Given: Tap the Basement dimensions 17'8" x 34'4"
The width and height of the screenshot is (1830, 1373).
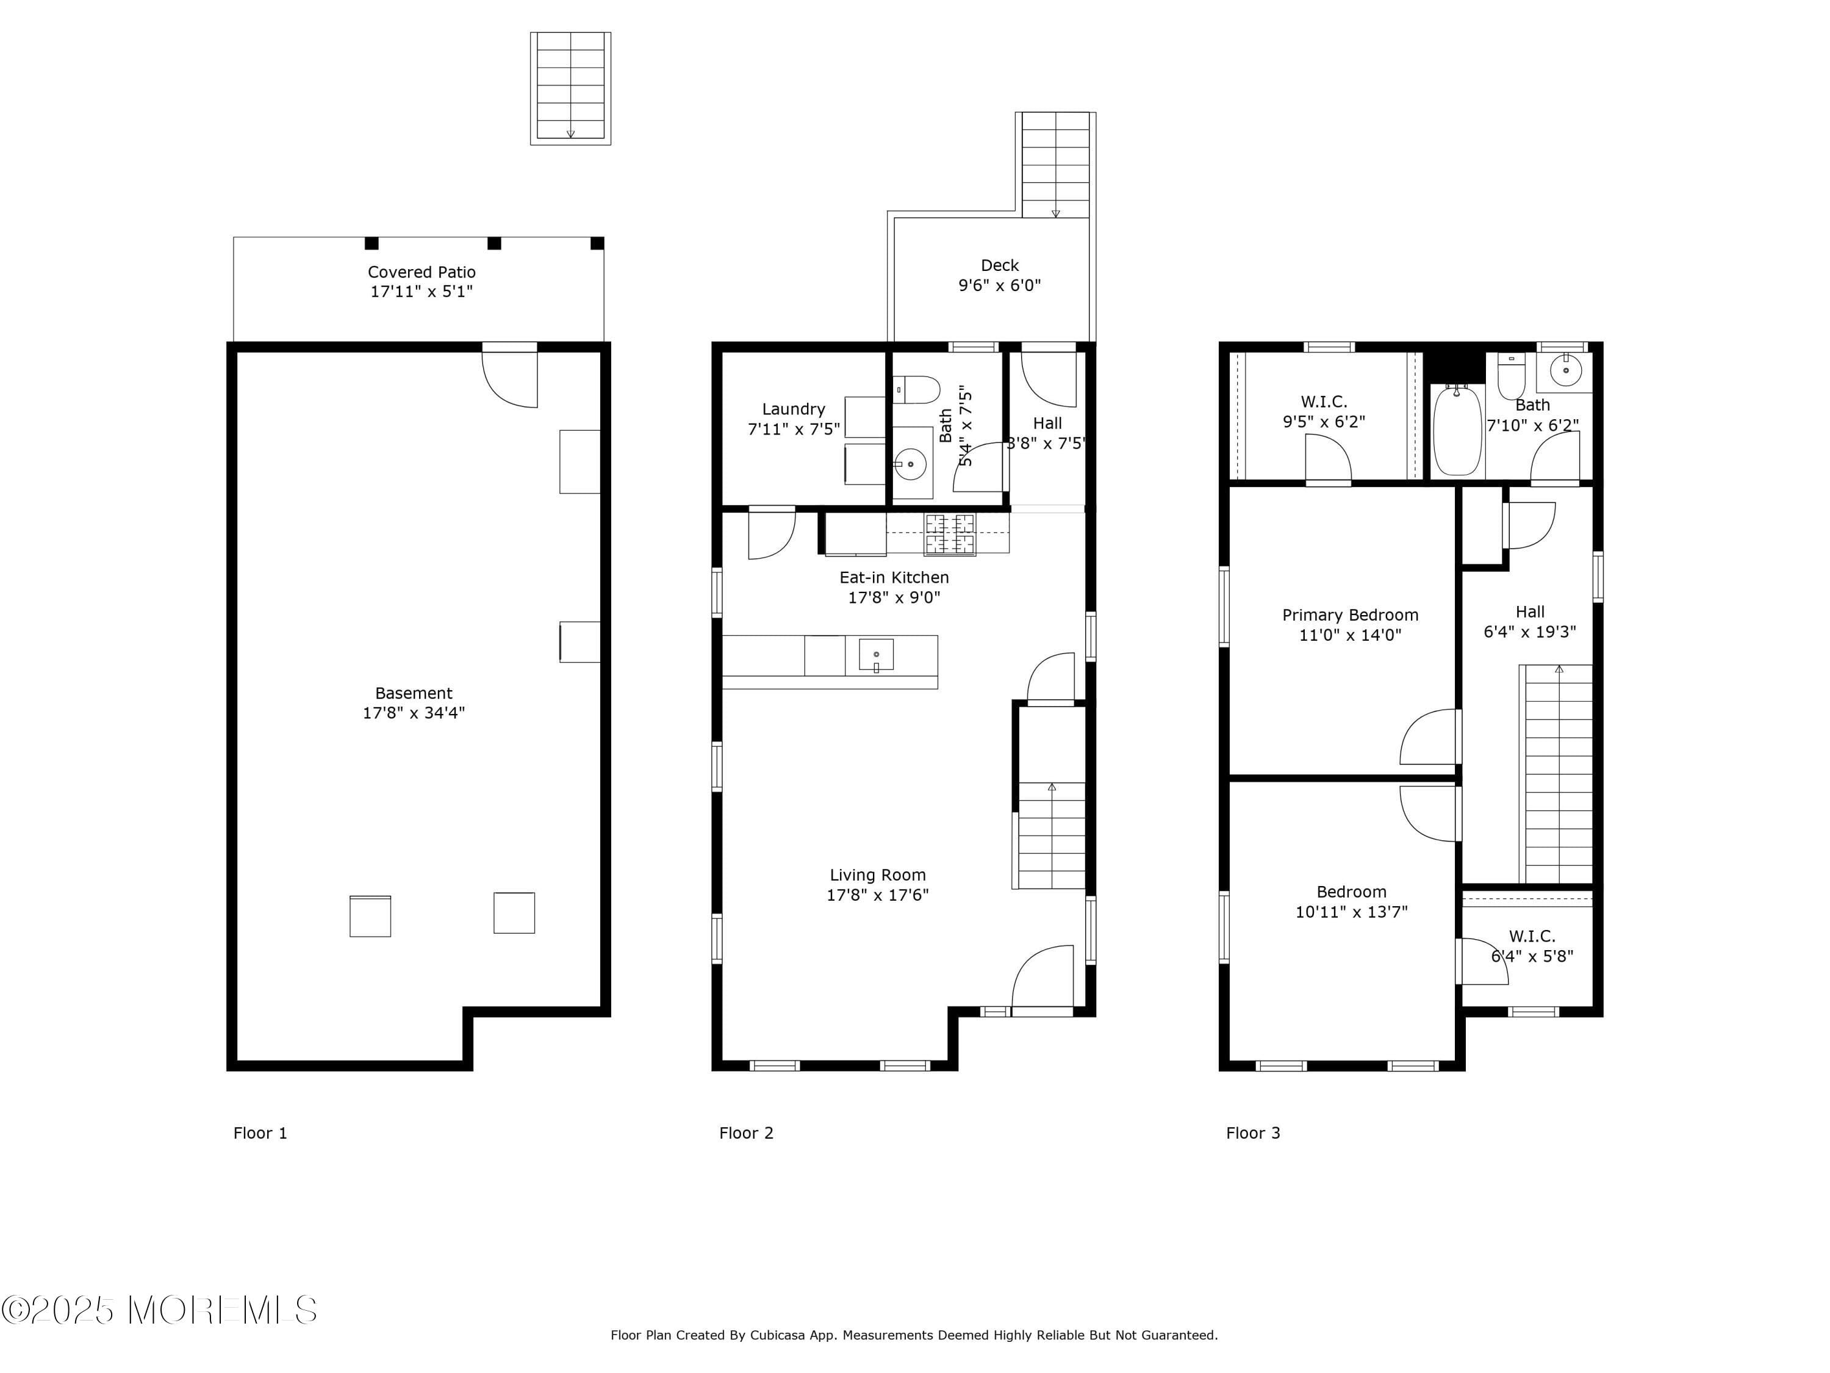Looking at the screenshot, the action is pyautogui.click(x=414, y=713).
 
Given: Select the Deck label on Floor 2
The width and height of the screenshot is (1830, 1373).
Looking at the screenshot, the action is pyautogui.click(x=999, y=265).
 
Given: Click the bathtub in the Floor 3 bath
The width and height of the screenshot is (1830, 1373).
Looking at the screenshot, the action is pyautogui.click(x=1458, y=430).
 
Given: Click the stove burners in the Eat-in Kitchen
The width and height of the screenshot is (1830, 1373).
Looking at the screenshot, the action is pyautogui.click(x=950, y=535).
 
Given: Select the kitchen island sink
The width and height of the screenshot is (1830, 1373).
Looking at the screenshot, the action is pyautogui.click(x=876, y=654).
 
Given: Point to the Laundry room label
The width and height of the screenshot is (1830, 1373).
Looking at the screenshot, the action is pyautogui.click(x=794, y=409).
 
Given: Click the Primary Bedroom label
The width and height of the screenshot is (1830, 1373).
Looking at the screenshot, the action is pyautogui.click(x=1350, y=615).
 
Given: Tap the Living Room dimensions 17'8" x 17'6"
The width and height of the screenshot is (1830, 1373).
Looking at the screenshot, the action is pyautogui.click(x=878, y=895).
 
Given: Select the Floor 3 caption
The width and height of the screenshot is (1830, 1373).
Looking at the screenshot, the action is pyautogui.click(x=1252, y=1133).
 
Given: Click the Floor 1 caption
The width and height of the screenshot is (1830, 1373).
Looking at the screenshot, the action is pyautogui.click(x=260, y=1133).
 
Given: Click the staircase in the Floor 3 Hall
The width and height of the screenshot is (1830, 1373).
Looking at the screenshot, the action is pyautogui.click(x=1556, y=774).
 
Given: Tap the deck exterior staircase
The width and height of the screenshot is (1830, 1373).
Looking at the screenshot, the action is pyautogui.click(x=1056, y=165).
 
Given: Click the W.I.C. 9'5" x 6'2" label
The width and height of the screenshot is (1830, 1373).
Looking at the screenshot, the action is pyautogui.click(x=1324, y=411).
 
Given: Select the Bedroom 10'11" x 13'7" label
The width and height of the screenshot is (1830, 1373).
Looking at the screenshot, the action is pyautogui.click(x=1351, y=902).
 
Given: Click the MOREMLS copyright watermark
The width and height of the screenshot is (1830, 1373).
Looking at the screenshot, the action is pyautogui.click(x=159, y=1310).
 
